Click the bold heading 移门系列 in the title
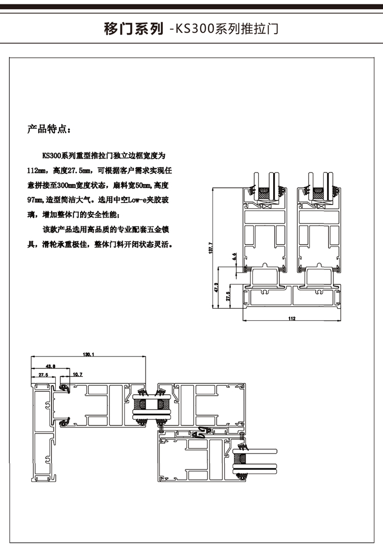tap(133, 29)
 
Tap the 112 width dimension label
tap(292, 319)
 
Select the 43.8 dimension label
tap(51, 366)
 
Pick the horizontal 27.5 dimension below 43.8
tap(43, 375)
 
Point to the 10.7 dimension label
tap(77, 375)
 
